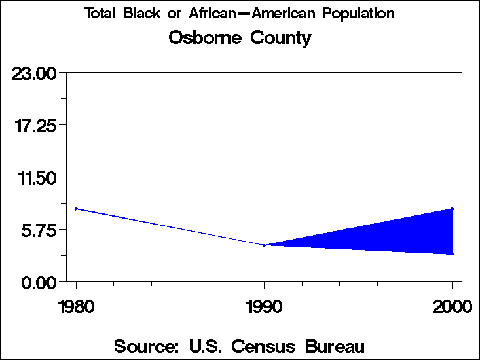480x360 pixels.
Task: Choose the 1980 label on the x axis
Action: point(76,306)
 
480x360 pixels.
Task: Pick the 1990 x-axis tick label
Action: point(264,306)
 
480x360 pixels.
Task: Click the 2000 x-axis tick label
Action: point(452,306)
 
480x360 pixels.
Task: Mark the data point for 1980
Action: point(76,209)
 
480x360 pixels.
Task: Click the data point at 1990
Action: point(264,245)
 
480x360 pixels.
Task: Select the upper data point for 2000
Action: point(452,209)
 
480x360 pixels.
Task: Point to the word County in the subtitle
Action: point(280,38)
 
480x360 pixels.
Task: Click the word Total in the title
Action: point(100,14)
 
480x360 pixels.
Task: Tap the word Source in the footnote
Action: point(147,346)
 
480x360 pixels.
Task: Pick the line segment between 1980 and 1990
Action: point(170,227)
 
